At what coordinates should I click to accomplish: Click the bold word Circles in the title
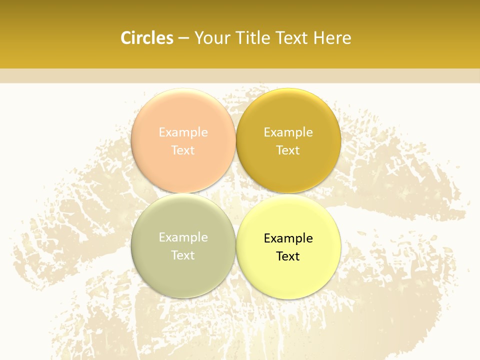[x=147, y=38]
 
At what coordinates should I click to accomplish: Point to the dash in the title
[x=183, y=38]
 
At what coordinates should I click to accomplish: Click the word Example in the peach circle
[x=183, y=132]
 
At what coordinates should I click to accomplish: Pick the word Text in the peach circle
[x=183, y=150]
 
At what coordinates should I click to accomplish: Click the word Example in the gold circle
[x=288, y=132]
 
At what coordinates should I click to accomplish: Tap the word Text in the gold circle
[x=288, y=150]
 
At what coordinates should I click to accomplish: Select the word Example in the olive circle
[x=183, y=237]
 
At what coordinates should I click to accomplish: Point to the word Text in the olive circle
[x=183, y=255]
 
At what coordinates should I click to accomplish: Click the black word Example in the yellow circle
[x=288, y=238]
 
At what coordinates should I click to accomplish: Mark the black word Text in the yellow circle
[x=288, y=256]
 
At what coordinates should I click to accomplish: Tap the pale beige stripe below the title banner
[x=240, y=75]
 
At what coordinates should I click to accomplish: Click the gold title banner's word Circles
[x=147, y=38]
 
